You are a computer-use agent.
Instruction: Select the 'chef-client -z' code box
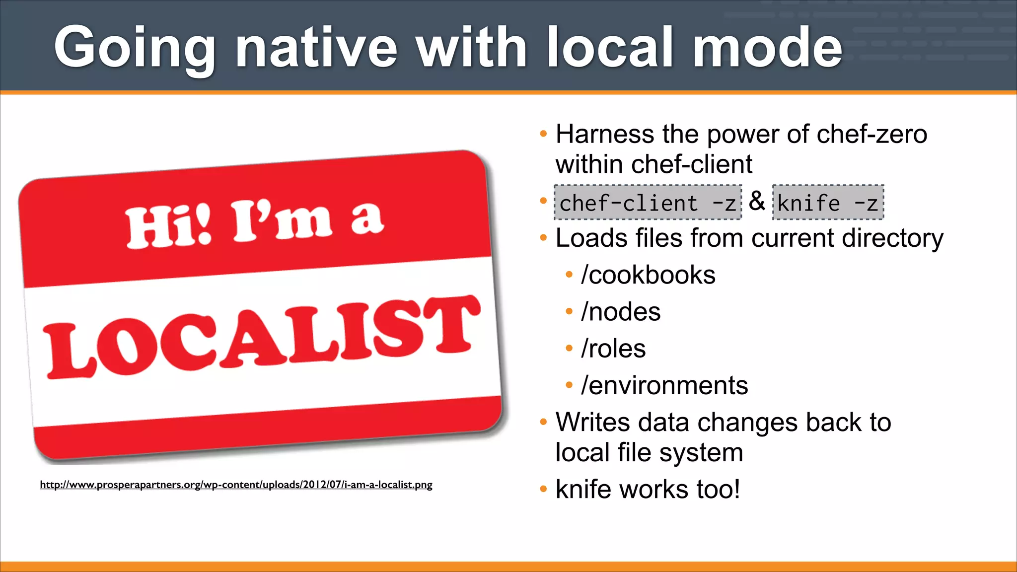[648, 203]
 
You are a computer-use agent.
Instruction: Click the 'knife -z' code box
[828, 203]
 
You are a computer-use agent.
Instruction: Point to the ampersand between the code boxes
[757, 201]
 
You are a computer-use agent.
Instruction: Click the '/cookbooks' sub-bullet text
[648, 275]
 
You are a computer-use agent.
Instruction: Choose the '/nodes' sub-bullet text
[621, 312]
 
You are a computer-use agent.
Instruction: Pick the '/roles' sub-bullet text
[613, 349]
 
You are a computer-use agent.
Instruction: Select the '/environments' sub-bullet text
[664, 385]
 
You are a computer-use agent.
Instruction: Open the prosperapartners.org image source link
[236, 485]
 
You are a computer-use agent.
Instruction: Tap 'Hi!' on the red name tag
[168, 226]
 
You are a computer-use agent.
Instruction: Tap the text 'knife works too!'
[648, 489]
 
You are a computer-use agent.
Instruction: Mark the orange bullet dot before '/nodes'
[569, 312]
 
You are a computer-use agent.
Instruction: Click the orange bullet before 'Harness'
[543, 134]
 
